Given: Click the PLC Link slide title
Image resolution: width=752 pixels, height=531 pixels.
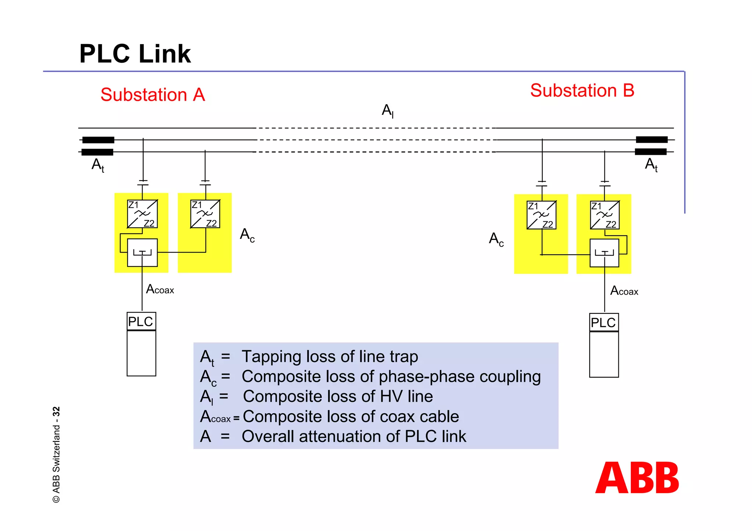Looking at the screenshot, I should [135, 54].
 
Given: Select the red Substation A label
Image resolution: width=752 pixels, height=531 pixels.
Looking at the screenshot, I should [152, 95].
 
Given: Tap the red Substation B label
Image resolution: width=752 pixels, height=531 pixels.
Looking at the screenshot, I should [582, 90].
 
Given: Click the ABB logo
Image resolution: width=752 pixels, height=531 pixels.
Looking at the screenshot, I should [637, 478].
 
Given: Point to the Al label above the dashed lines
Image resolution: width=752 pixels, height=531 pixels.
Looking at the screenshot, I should [387, 110].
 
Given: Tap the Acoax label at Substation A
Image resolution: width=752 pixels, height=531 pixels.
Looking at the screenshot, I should [160, 290].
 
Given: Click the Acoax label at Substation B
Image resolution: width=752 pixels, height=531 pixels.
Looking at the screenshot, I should [624, 291].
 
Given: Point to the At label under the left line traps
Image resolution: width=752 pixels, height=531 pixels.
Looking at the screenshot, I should [98, 165].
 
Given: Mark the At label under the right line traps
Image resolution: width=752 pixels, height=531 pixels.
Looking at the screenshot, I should [651, 164].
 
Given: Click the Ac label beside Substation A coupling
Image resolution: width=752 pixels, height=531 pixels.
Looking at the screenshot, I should [247, 234].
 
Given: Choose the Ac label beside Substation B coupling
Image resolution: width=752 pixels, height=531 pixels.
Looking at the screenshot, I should [496, 239].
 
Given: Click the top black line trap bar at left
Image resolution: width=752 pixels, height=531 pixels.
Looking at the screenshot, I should [98, 140].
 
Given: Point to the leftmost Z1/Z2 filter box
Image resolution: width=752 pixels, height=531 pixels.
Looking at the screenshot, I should [142, 214].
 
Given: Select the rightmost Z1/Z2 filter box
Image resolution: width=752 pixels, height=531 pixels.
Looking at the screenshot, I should [604, 215].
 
